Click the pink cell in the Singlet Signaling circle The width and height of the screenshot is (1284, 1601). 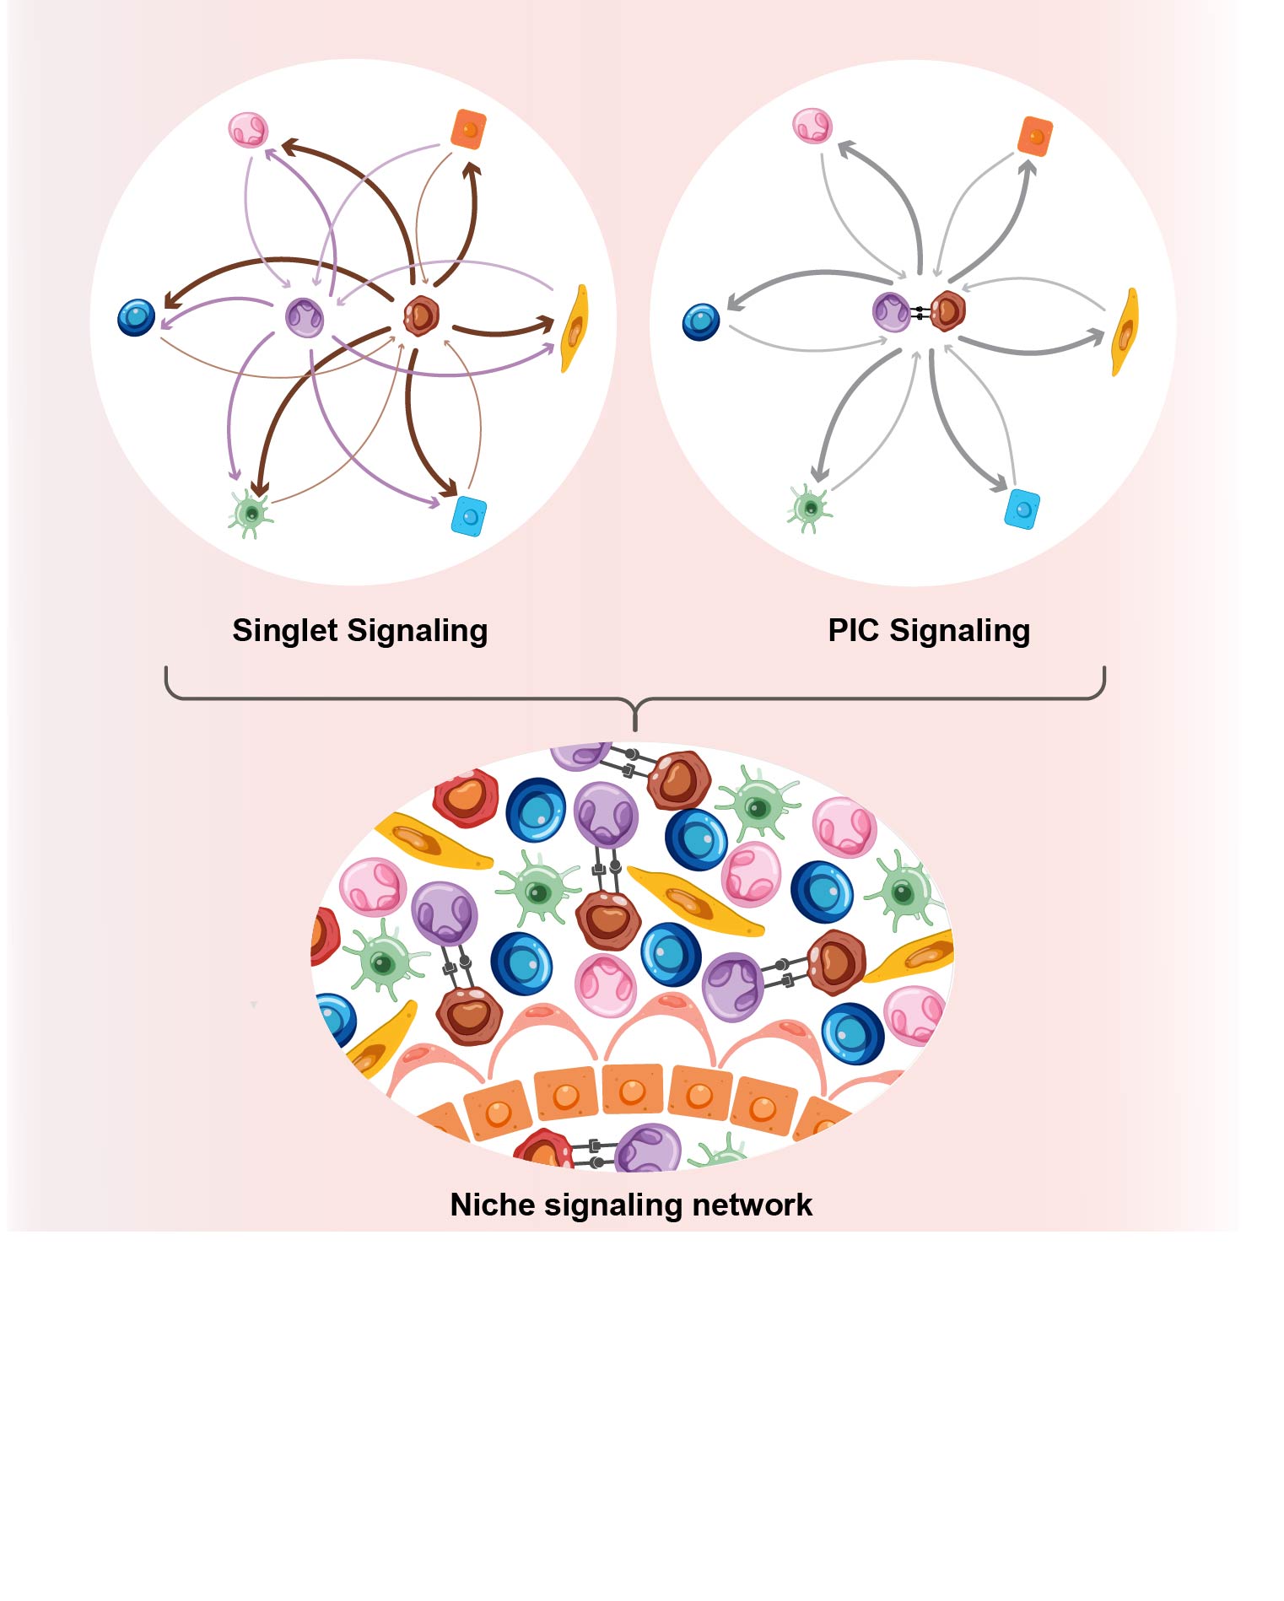248,130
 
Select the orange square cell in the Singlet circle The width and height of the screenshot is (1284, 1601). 468,129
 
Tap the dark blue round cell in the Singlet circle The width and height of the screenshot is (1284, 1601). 137,318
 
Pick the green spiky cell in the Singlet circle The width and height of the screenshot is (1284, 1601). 250,512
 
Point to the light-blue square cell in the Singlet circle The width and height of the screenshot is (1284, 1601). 469,515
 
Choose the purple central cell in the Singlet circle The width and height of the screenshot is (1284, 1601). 305,317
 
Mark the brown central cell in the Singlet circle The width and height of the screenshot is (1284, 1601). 420,315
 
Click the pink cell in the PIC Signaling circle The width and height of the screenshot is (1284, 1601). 812,126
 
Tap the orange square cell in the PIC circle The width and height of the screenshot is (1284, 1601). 1035,137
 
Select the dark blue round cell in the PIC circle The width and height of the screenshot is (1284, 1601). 701,321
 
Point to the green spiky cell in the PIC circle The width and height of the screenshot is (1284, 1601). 810,508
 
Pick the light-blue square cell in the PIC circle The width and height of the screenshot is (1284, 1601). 1022,509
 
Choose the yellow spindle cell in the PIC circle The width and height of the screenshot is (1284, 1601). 1125,332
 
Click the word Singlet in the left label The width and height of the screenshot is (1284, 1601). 285,631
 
